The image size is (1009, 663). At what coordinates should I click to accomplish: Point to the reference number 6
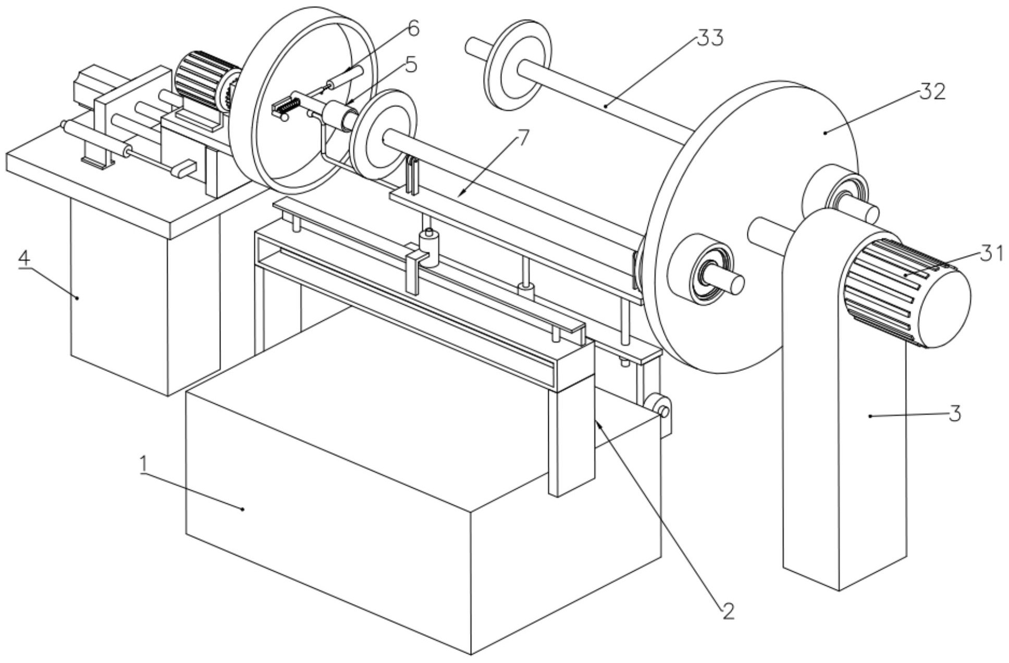point(413,29)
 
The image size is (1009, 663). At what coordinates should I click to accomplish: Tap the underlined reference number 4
point(24,258)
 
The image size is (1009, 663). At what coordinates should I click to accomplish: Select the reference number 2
point(728,610)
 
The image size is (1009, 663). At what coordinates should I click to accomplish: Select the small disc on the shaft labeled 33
point(517,65)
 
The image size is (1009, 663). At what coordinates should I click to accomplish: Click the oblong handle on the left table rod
point(184,169)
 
